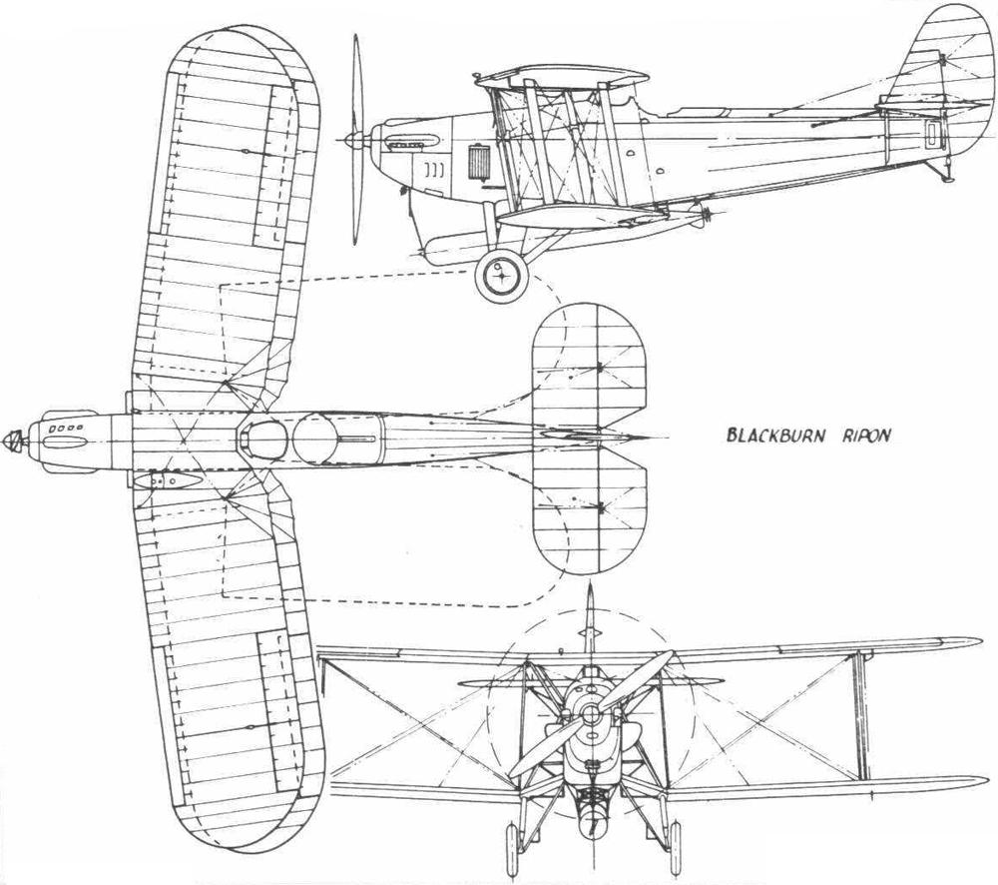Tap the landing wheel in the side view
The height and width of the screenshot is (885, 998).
502,276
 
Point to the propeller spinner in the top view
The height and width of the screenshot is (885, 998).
14,440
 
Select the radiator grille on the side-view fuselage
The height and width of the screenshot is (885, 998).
477,163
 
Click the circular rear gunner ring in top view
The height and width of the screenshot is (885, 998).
314,439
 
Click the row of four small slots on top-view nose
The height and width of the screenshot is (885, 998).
68,428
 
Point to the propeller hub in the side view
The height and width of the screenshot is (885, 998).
354,139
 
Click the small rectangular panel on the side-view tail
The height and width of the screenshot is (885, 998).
934,135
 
